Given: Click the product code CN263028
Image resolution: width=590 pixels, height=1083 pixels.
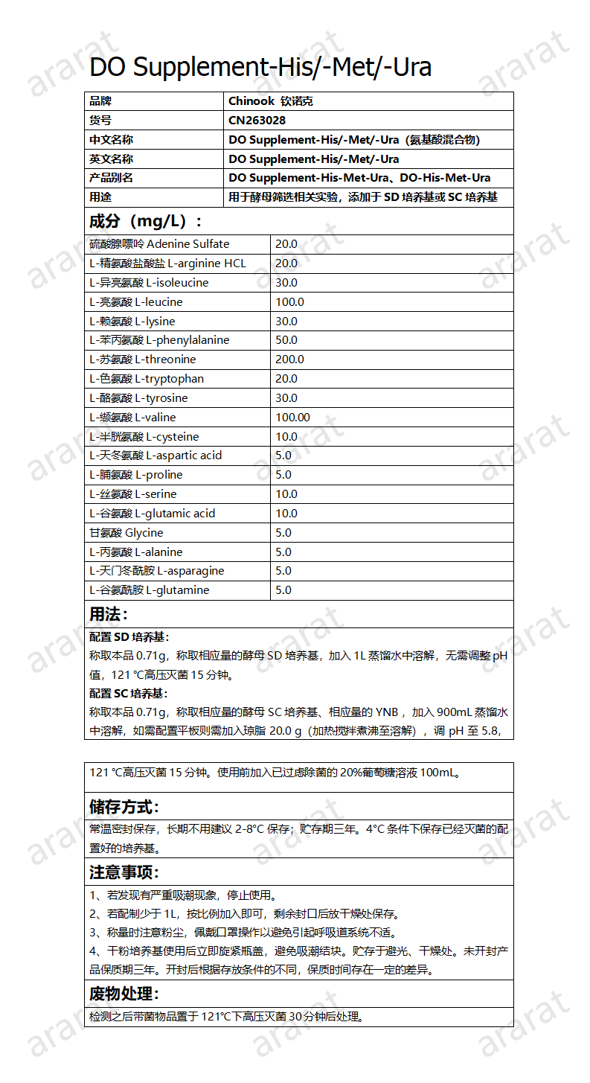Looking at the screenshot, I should [x=257, y=120].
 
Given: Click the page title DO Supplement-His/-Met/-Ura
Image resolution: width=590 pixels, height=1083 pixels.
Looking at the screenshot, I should [x=260, y=67].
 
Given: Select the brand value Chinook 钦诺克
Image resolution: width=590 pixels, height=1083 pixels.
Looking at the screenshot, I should [x=271, y=100].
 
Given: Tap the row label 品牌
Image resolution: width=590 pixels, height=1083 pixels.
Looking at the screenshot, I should [x=100, y=100].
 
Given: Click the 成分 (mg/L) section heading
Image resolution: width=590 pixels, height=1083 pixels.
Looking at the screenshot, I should [x=145, y=221].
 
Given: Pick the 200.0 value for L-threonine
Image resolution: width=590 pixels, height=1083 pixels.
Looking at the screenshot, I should [x=289, y=360].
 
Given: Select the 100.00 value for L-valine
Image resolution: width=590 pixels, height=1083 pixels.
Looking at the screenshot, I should [x=292, y=418].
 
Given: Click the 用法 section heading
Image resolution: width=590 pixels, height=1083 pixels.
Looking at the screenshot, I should [x=109, y=614].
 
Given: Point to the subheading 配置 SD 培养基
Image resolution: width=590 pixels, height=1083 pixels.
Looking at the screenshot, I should [x=129, y=637].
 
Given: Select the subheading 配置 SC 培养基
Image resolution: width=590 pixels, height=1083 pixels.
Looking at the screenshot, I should [x=129, y=694].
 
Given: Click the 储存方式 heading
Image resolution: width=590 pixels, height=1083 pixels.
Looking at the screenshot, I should [x=124, y=807].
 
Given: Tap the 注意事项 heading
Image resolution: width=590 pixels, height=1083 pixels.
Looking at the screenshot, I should [x=124, y=872].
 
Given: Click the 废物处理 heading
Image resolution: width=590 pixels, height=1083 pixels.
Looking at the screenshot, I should [x=124, y=994].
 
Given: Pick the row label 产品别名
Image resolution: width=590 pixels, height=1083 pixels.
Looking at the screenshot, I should [x=111, y=178].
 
